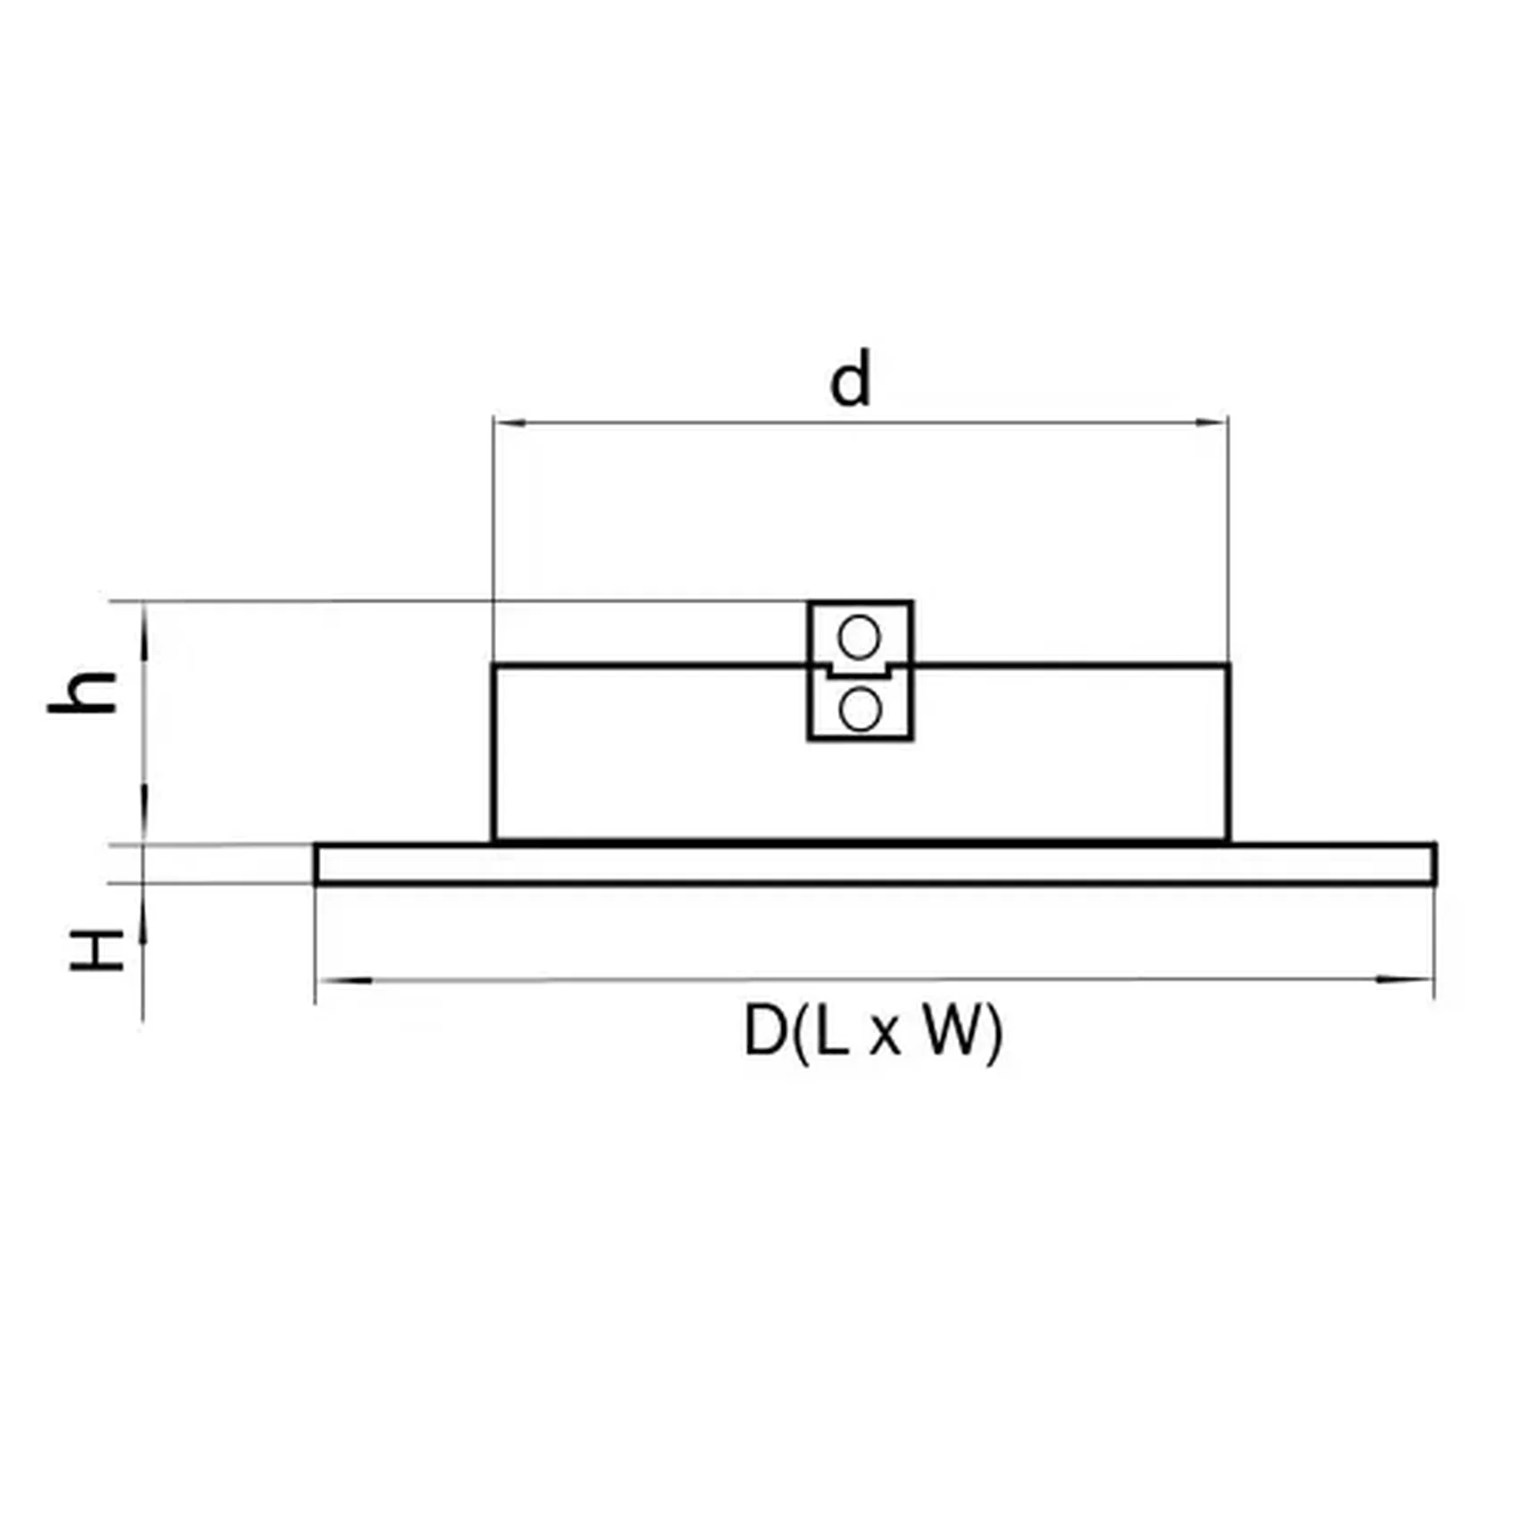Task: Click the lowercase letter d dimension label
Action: (850, 380)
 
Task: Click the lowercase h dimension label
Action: (83, 693)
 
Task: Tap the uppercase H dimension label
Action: (97, 950)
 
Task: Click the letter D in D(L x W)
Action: (765, 1031)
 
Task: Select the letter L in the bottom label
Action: (831, 1031)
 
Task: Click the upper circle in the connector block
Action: (859, 637)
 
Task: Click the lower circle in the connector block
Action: (860, 710)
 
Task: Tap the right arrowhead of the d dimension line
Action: (1213, 422)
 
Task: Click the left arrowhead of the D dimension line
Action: (344, 980)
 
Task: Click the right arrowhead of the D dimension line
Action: (1404, 979)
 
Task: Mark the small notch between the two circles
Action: (860, 671)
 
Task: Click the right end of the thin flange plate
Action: (1432, 863)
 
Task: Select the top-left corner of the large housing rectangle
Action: (494, 666)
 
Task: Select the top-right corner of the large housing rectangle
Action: (1229, 666)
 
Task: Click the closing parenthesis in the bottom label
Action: (994, 1033)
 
